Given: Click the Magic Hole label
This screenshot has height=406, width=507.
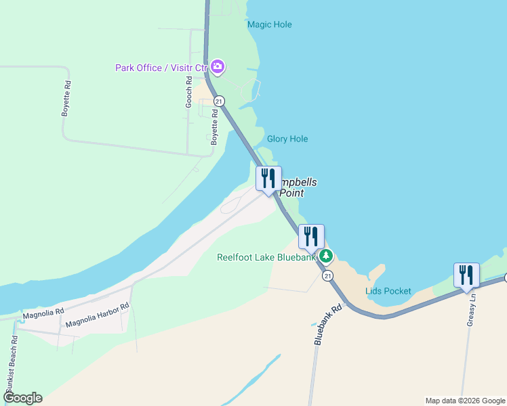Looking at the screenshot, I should click(269, 24).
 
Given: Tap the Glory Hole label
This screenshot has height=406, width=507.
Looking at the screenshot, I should click(287, 139).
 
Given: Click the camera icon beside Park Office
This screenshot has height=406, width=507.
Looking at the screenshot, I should click(218, 66).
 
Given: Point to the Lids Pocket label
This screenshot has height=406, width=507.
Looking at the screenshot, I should click(388, 291).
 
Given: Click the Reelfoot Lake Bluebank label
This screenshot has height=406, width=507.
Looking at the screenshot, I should click(266, 257).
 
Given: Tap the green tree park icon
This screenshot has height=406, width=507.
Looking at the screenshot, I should click(326, 256).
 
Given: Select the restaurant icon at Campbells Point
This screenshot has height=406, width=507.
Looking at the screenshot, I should click(268, 179).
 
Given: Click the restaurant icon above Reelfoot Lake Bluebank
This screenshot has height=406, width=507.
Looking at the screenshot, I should click(311, 236).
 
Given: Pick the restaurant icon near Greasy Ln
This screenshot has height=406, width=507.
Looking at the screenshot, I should click(466, 275).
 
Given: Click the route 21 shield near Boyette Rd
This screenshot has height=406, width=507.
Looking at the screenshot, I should click(218, 101).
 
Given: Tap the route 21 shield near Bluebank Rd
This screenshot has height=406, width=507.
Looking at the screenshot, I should click(328, 276).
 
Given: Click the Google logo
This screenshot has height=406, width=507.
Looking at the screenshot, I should click(22, 398).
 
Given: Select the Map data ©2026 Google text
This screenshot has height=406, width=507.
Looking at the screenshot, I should click(465, 401).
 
